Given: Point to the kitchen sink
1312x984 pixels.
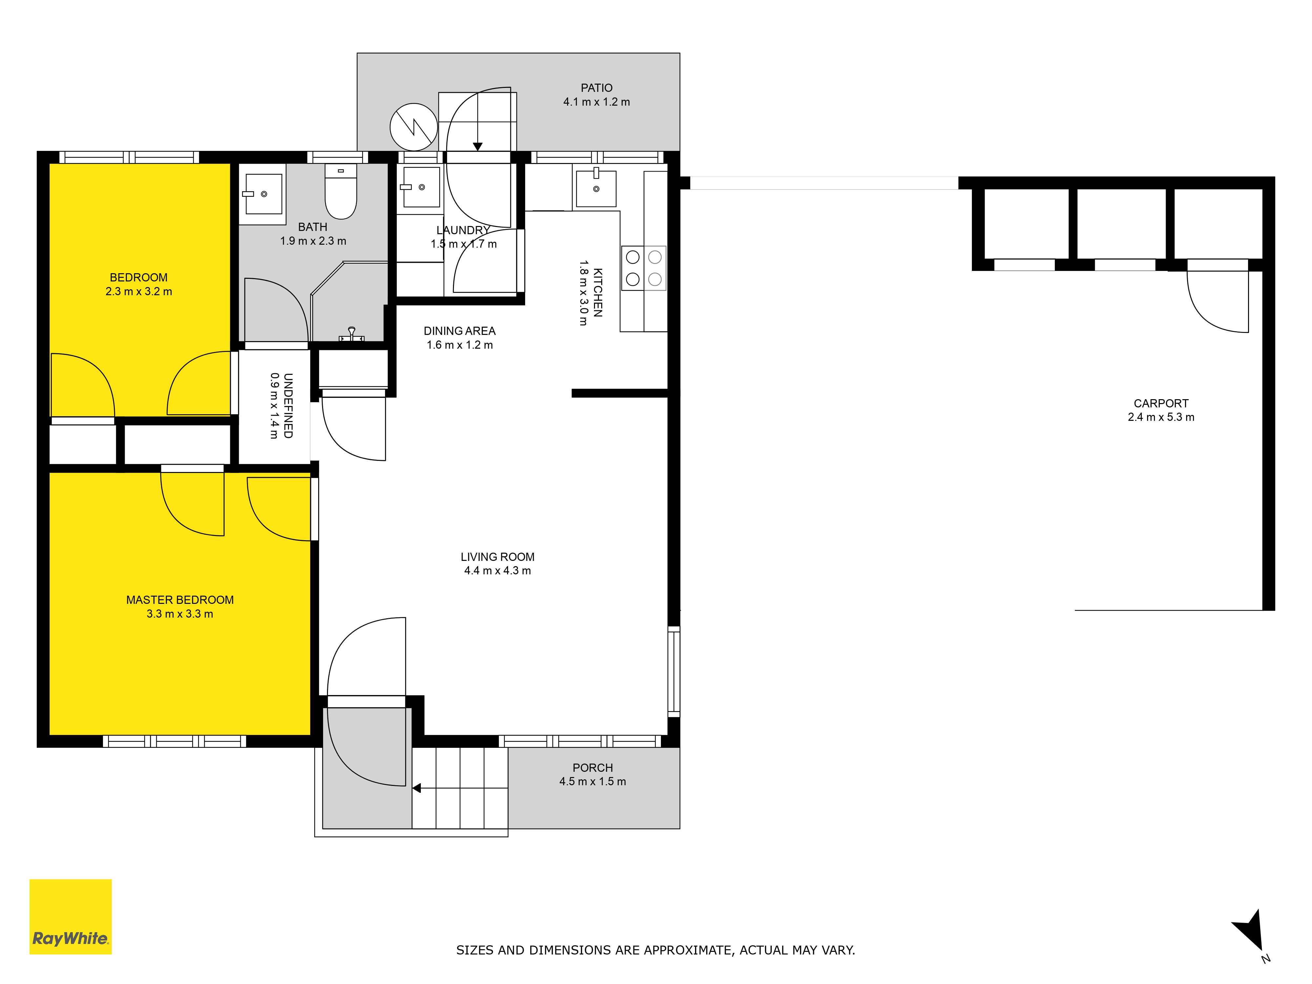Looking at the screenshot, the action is pyautogui.click(x=596, y=188).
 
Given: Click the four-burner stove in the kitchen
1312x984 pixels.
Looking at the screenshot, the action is pyautogui.click(x=644, y=268).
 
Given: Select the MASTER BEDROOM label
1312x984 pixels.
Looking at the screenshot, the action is pyautogui.click(x=180, y=600).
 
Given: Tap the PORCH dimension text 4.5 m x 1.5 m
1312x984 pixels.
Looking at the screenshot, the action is pyautogui.click(x=593, y=782).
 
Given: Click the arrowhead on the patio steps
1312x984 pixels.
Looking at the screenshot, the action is pyautogui.click(x=478, y=147).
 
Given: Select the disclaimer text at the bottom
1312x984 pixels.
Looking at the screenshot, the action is pyautogui.click(x=655, y=950).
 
